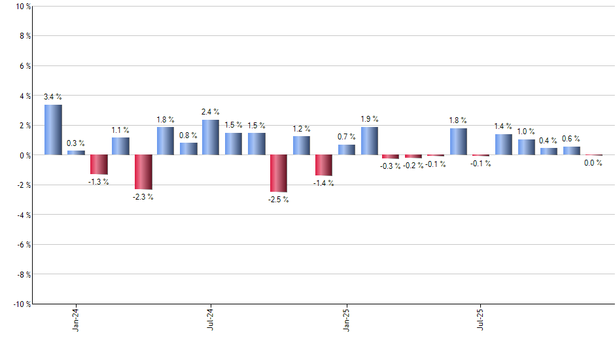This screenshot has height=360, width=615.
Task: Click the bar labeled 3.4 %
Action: point(53,130)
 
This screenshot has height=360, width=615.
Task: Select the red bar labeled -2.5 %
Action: point(279,173)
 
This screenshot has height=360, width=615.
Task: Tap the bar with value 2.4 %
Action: point(211,137)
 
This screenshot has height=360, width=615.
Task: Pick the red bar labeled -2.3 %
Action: point(143,172)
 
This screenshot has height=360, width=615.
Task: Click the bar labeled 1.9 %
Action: point(369,141)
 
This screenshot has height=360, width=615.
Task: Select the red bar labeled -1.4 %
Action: point(324,166)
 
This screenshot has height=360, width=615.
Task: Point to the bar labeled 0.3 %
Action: point(76,153)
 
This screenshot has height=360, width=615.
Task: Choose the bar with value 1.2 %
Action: point(302,145)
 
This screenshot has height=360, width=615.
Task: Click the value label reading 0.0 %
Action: point(593,164)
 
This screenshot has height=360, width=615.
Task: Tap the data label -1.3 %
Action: point(99,181)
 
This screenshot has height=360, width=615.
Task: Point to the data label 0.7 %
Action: point(347,137)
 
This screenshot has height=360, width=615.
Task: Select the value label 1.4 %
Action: point(503,126)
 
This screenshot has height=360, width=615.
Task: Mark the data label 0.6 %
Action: point(571,139)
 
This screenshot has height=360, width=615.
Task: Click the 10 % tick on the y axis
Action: point(23,7)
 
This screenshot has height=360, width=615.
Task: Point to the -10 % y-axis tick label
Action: point(21,304)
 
